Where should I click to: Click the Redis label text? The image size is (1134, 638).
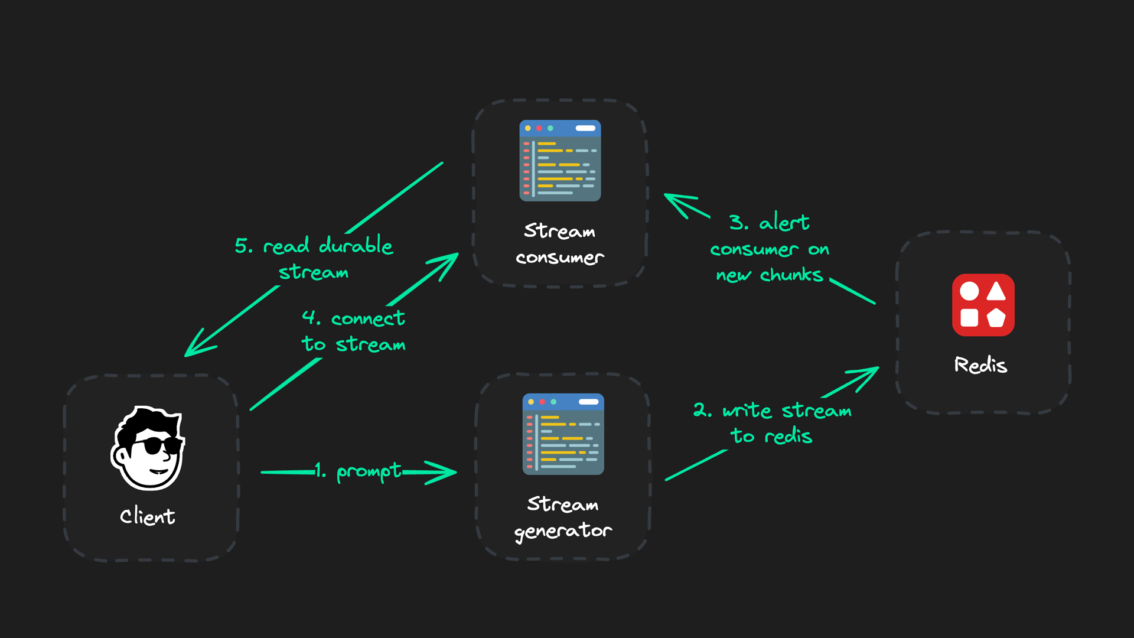pyautogui.click(x=980, y=365)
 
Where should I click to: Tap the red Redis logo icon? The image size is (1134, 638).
pyautogui.click(x=983, y=305)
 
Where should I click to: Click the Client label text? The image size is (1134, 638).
pyautogui.click(x=147, y=516)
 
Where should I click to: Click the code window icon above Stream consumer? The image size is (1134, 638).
pyautogui.click(x=560, y=161)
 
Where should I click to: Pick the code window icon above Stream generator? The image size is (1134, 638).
pyautogui.click(x=563, y=434)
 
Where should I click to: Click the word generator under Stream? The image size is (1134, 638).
pyautogui.click(x=563, y=531)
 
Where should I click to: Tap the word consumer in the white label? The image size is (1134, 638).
pyautogui.click(x=560, y=258)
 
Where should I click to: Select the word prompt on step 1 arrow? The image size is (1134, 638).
pyautogui.click(x=369, y=471)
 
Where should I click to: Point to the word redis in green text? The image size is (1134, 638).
pyautogui.click(x=788, y=437)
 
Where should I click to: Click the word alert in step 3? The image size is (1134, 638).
pyautogui.click(x=784, y=223)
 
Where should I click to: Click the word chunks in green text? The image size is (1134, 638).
pyautogui.click(x=791, y=275)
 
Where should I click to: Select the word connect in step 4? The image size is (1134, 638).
pyautogui.click(x=368, y=319)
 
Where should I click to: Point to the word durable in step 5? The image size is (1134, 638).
pyautogui.click(x=356, y=245)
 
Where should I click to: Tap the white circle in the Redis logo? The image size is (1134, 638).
pyautogui.click(x=969, y=291)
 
